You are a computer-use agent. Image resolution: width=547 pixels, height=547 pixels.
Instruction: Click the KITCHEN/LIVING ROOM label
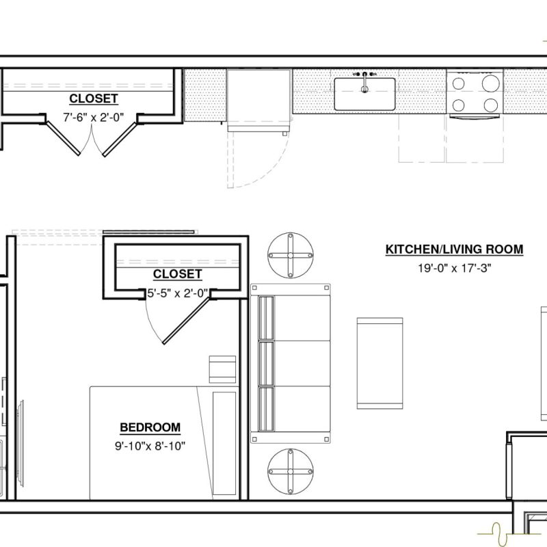454,250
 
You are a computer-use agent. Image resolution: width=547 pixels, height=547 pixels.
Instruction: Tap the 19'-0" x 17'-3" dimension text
455,268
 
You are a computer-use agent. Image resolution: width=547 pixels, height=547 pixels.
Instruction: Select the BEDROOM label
150,427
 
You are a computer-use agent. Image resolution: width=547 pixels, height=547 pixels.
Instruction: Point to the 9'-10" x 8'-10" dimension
150,446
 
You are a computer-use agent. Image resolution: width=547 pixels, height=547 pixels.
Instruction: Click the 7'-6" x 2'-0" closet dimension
94,117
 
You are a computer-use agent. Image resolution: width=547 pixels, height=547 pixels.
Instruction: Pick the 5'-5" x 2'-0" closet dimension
177,293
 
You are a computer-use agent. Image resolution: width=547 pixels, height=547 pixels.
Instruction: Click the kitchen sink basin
364,94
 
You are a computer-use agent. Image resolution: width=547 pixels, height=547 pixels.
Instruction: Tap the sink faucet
364,82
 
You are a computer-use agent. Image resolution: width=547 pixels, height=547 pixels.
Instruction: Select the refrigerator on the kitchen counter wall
258,101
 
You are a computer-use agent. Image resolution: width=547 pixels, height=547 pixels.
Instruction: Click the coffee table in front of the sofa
380,363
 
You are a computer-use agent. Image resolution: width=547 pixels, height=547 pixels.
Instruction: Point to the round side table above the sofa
290,255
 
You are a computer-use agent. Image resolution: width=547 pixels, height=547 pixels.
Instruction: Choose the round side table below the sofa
290,471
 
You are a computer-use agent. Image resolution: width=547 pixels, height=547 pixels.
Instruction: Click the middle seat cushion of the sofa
295,363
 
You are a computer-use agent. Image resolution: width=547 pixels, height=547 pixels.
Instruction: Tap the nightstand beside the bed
222,369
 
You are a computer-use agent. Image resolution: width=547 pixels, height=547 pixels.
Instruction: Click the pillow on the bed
224,443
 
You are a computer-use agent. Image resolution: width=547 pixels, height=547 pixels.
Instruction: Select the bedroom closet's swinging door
186,321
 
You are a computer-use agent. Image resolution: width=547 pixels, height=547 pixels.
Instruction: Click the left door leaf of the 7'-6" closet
63,138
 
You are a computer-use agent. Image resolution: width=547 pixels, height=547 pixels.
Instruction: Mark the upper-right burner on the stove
490,83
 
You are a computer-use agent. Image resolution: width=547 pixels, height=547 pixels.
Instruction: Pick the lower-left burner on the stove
458,105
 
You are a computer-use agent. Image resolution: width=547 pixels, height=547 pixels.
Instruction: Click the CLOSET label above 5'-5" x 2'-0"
177,274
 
